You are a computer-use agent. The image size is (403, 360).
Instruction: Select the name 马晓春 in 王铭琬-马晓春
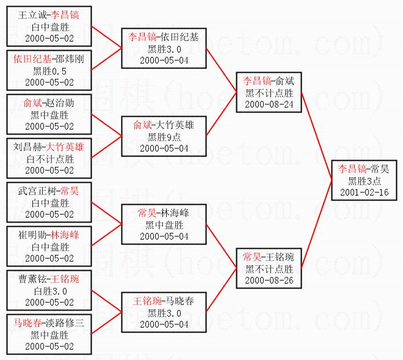[178, 301]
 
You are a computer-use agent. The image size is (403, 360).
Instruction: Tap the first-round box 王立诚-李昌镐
[48, 27]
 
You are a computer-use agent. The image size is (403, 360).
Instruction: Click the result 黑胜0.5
[49, 71]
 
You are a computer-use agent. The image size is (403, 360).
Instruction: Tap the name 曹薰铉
[31, 279]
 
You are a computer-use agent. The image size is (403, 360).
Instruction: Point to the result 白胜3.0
[49, 291]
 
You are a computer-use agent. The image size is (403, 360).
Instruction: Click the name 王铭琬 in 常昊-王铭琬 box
[281, 257]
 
